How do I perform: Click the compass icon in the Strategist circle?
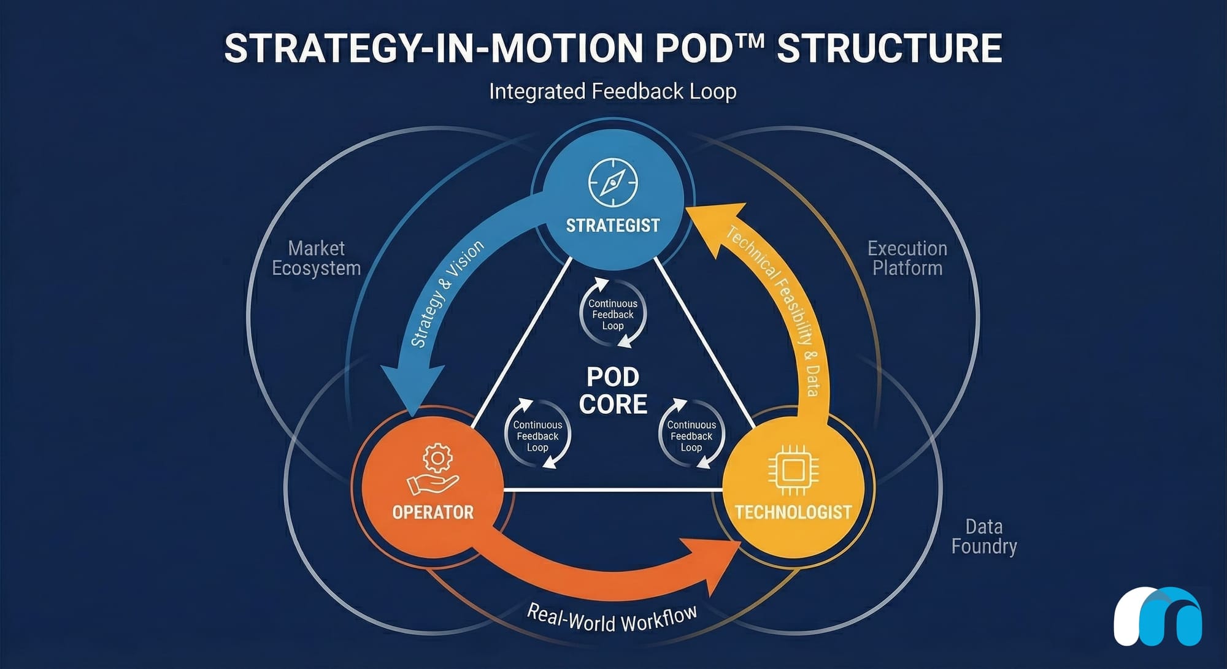[x=613, y=183]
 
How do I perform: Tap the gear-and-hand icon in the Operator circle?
[x=433, y=469]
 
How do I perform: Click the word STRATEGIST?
[x=613, y=226]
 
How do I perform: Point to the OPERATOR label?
[x=433, y=512]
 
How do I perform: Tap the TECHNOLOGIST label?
[x=793, y=512]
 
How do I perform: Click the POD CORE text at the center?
[x=613, y=391]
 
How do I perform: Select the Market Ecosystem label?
[x=316, y=258]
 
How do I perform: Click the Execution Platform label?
[x=907, y=258]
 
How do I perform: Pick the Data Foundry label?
[x=983, y=536]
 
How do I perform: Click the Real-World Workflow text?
[x=612, y=618]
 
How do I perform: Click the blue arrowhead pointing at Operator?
[x=412, y=386]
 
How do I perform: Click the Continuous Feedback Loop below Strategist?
[x=613, y=314]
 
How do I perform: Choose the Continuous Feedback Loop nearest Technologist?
[x=691, y=435]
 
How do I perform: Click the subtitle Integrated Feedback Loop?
[x=612, y=91]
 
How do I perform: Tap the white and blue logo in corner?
[x=1157, y=617]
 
